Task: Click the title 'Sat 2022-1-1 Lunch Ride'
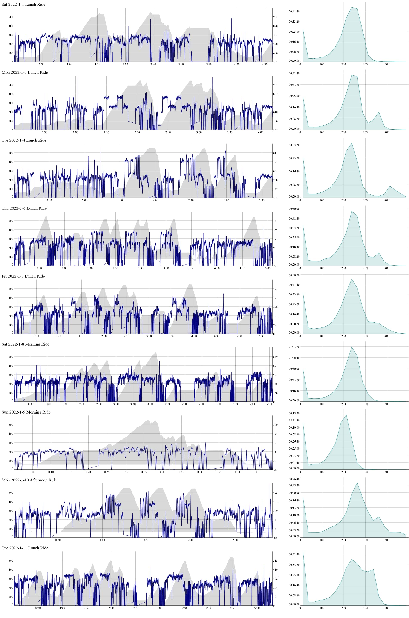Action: coord(23,5)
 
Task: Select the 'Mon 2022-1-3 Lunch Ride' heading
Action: coord(25,72)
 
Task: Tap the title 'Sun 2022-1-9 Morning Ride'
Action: coord(26,412)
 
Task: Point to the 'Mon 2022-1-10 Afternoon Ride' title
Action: coord(29,480)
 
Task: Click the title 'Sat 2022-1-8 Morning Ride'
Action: coord(26,344)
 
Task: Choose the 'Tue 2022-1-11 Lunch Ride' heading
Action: coord(25,548)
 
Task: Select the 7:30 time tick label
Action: coord(269,404)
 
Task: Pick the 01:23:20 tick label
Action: coord(294,347)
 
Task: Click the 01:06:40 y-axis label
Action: coord(294,358)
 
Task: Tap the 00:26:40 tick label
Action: coord(294,479)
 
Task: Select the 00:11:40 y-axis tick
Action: coord(294,420)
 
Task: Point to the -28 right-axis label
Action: coord(275,470)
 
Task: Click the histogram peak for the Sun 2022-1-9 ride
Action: coord(346,415)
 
